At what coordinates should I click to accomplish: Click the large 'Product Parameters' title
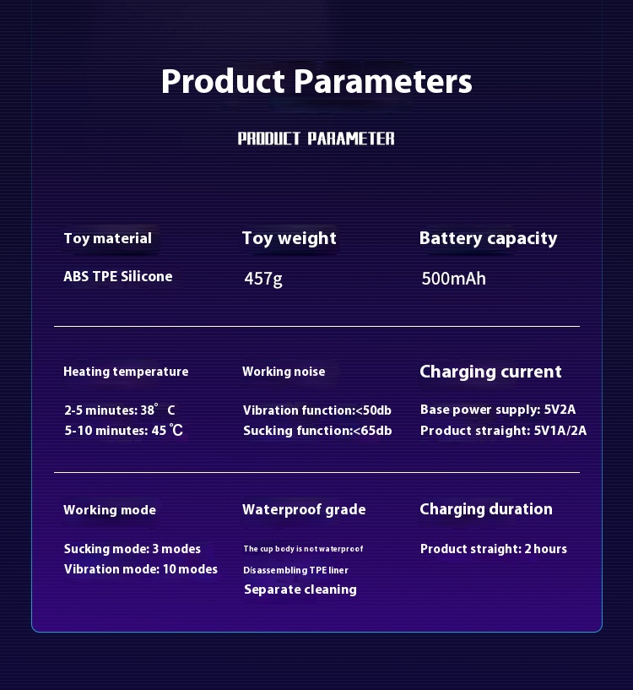316,81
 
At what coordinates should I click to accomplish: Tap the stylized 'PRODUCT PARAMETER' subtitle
316,139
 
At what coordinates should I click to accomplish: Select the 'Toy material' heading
108,238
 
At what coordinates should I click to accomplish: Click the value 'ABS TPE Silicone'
118,276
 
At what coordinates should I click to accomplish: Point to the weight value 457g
263,279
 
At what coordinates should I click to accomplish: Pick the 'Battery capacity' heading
489,238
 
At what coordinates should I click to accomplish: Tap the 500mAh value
453,279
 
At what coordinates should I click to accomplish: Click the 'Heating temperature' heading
126,372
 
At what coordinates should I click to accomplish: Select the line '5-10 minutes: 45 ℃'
123,431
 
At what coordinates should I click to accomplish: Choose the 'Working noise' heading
284,372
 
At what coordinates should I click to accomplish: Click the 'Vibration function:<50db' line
317,410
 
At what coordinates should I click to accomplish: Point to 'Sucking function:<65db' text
317,431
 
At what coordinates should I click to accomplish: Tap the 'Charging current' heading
490,372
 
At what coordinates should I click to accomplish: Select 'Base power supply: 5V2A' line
498,410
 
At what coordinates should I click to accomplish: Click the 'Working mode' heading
110,510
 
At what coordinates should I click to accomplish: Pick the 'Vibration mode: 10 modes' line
141,569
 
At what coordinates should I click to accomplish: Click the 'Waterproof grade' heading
304,509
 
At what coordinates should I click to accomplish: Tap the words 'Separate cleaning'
300,589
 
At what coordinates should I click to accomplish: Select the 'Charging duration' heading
486,509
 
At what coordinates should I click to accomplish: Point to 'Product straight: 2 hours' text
494,549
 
